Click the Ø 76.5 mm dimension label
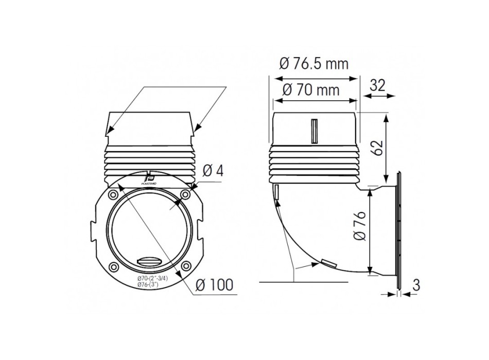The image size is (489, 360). pos(314,64)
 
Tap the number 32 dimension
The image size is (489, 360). pos(377,85)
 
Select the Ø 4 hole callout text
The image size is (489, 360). pos(213,170)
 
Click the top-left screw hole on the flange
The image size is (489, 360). pos(112,194)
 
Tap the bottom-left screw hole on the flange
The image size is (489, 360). pos(112,266)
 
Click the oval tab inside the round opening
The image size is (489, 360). pos(149,260)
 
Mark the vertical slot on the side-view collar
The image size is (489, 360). pos(313,131)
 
